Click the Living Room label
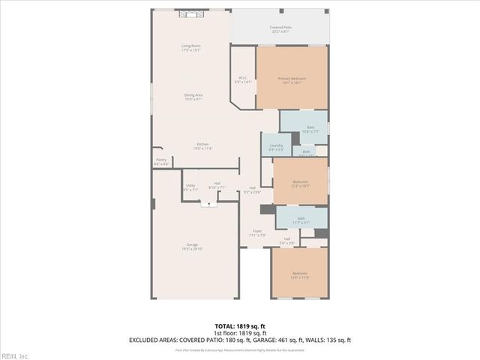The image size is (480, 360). [x=190, y=48]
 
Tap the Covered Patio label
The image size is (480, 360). [x=281, y=29]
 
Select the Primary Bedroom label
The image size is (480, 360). [x=292, y=80]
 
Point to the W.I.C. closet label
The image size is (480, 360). [x=243, y=79]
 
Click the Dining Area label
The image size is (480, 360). [x=193, y=97]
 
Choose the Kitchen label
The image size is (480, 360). [x=203, y=146]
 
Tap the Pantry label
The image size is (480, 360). [x=161, y=160]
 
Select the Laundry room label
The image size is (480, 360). [x=275, y=148]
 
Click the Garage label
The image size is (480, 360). [x=193, y=247]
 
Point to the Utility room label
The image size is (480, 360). [x=190, y=187]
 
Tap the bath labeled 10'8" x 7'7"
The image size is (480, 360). [x=310, y=129]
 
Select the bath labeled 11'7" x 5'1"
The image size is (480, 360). [x=301, y=220]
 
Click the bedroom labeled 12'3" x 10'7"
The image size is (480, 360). [x=300, y=184]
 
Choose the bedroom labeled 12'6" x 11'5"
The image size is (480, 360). [x=299, y=275]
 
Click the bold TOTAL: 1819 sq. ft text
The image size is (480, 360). [x=239, y=326]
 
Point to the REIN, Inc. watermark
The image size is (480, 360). [x=14, y=355]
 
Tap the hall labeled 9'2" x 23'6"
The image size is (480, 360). [x=253, y=190]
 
